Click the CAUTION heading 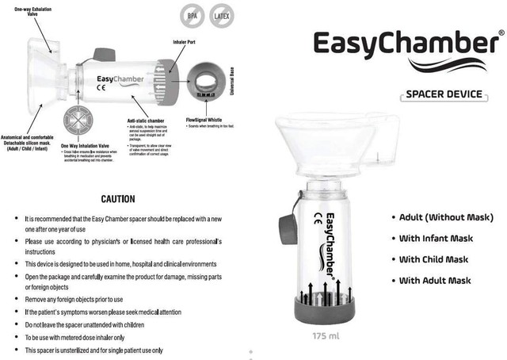coord(117,199)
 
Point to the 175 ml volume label coord(326,336)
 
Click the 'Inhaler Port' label coord(185,40)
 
